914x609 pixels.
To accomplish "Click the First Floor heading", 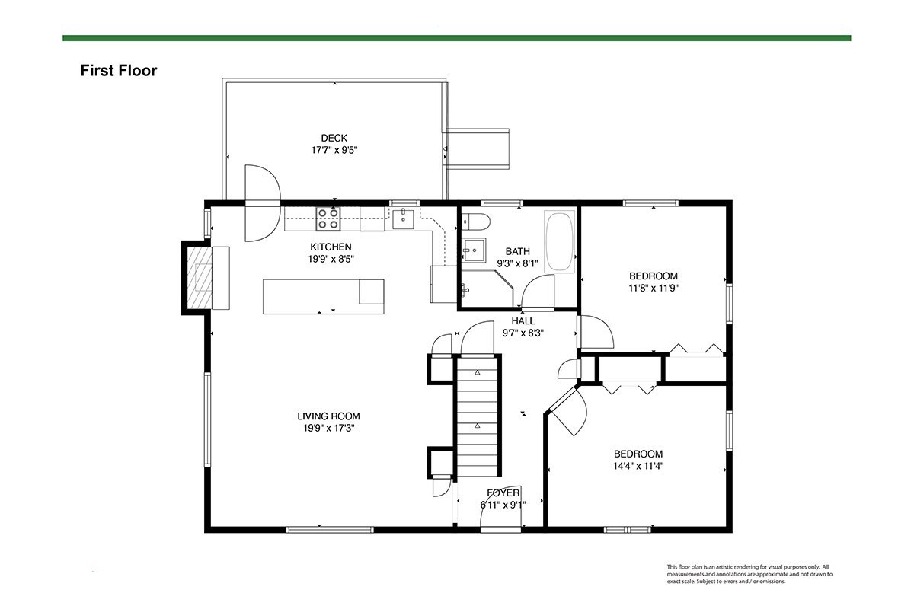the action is [118, 71].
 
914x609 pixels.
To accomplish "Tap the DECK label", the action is [334, 138].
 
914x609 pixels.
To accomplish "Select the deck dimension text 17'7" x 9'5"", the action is [334, 150].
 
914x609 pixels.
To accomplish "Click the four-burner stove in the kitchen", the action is [328, 218].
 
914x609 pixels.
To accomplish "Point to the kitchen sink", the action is [403, 219].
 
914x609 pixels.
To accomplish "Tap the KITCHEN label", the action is [331, 247].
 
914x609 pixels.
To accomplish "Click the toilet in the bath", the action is [476, 222].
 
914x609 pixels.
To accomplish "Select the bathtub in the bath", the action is [560, 241].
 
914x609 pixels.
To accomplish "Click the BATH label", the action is [518, 251].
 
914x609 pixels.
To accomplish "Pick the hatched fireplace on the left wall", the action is [200, 278].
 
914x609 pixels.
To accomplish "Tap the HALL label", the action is [523, 321].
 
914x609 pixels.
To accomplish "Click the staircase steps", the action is [477, 416].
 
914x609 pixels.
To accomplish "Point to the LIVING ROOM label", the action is [328, 416].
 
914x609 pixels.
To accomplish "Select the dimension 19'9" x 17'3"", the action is [328, 429].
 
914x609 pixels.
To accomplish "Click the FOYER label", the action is [503, 493].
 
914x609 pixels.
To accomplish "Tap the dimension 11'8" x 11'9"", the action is [654, 289].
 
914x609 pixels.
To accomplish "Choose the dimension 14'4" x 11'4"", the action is [638, 466].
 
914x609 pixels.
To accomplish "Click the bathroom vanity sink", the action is [474, 250].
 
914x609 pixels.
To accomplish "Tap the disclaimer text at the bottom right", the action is [749, 574].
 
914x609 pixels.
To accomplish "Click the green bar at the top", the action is [456, 38].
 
